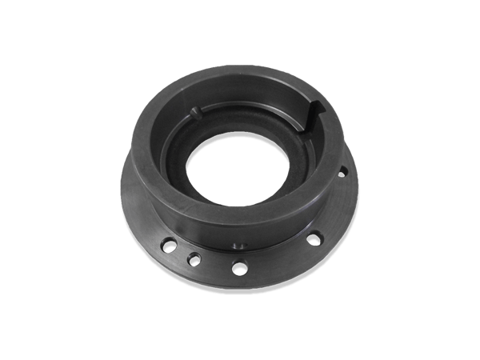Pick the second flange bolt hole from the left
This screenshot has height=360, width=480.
[193, 258]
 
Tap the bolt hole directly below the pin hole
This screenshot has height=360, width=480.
[239, 268]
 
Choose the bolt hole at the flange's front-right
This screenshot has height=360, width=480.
[315, 237]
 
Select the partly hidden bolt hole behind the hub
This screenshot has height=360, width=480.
[342, 170]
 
